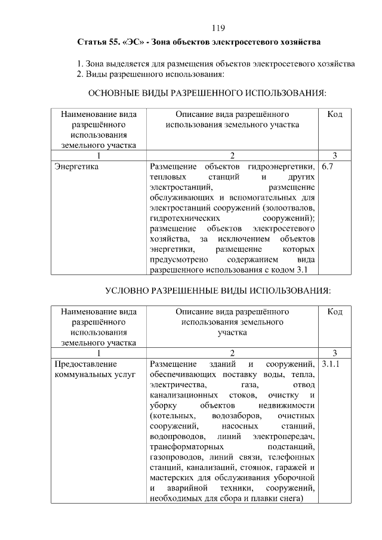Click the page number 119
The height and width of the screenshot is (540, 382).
click(x=218, y=28)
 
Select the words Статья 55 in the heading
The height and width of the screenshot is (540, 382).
click(x=98, y=43)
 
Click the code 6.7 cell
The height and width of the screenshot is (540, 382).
click(x=327, y=167)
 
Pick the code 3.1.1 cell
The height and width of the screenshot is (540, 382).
click(x=330, y=364)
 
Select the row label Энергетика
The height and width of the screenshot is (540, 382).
click(x=76, y=167)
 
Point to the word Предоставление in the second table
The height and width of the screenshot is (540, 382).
click(x=86, y=364)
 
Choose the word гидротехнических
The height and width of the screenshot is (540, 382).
click(x=183, y=218)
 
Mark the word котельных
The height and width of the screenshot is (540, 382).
click(x=174, y=415)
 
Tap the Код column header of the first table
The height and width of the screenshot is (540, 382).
click(x=335, y=114)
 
